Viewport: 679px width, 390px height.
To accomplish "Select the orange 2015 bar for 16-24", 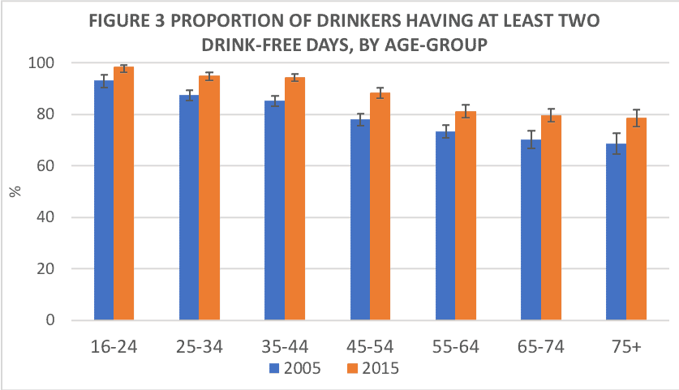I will tap(123, 194).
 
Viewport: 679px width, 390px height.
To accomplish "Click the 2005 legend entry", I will tap(296, 369).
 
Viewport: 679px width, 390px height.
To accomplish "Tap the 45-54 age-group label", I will tap(369, 346).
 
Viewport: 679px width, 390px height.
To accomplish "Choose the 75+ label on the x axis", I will tap(626, 346).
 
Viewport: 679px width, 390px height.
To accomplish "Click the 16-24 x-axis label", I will tap(114, 346).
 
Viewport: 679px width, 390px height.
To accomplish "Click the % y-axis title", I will tap(14, 192).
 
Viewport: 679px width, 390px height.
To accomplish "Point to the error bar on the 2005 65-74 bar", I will tap(531, 139).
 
